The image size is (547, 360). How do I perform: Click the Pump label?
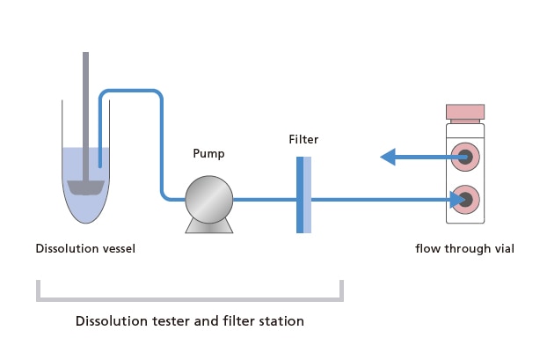click(208, 153)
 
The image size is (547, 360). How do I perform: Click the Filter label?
click(303, 139)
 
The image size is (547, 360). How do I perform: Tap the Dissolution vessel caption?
click(85, 248)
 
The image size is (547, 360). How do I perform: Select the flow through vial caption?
click(464, 248)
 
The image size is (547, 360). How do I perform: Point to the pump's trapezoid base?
click(208, 225)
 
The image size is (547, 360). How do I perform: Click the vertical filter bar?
click(303, 195)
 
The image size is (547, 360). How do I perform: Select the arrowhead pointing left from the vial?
click(388, 158)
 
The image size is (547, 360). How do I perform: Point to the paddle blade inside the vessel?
click(85, 187)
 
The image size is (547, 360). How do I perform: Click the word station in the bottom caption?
click(280, 321)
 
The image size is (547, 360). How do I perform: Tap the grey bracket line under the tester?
click(189, 299)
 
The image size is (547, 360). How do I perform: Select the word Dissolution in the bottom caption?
click(107, 321)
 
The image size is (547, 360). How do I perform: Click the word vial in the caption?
click(503, 248)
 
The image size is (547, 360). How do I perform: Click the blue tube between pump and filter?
click(264, 200)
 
